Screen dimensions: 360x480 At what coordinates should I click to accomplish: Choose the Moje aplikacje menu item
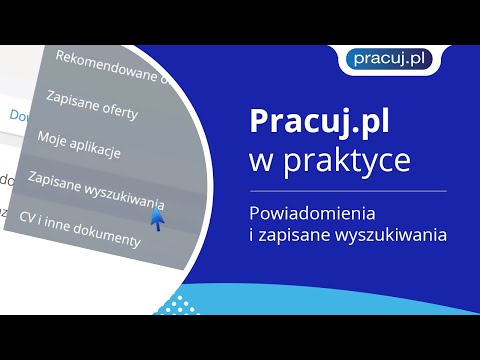[79, 144]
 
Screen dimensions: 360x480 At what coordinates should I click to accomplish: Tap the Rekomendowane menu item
[110, 62]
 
